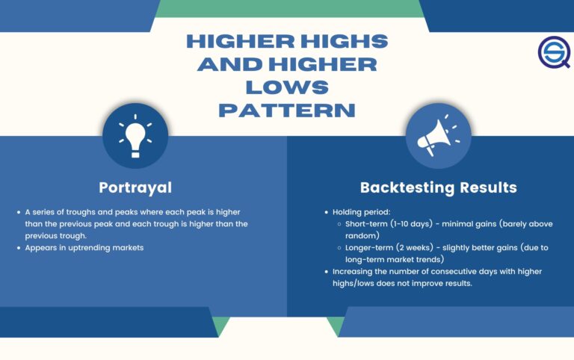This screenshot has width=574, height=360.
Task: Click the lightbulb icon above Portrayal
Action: click(135, 135)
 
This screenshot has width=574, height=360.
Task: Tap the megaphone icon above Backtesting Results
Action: click(438, 135)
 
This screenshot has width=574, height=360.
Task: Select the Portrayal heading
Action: click(135, 187)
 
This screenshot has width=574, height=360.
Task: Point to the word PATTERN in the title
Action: click(287, 111)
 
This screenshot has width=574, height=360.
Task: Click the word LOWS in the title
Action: click(287, 87)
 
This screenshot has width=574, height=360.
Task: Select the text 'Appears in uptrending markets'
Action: click(84, 247)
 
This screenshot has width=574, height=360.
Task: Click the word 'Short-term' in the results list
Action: click(368, 223)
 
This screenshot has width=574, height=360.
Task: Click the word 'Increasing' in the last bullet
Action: click(357, 271)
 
